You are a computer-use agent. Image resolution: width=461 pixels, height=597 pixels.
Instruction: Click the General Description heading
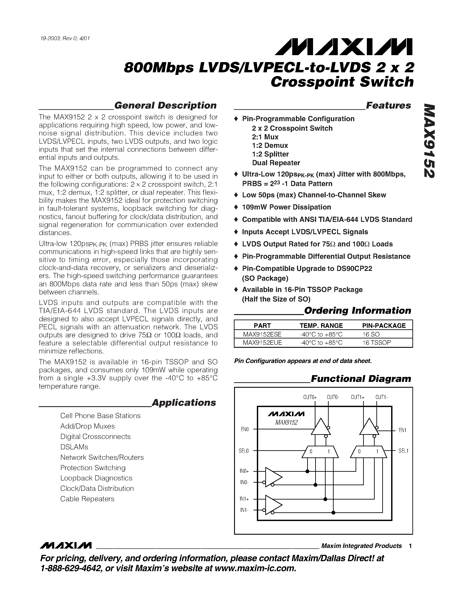(165, 106)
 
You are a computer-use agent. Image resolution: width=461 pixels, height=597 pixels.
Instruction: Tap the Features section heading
(388, 106)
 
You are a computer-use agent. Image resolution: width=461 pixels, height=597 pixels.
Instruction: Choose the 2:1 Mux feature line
(265, 137)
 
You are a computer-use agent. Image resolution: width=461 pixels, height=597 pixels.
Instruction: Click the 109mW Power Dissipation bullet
(287, 207)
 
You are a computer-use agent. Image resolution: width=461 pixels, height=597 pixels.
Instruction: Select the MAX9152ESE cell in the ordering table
(262, 334)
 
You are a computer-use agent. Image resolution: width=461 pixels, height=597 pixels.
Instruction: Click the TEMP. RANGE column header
(321, 326)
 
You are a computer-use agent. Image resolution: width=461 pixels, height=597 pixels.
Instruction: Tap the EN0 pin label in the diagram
(244, 429)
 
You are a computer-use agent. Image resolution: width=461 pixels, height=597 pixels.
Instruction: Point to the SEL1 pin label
(403, 451)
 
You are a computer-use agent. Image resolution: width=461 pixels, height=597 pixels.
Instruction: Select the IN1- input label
(244, 510)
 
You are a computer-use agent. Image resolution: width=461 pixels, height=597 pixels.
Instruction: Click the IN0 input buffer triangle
(273, 477)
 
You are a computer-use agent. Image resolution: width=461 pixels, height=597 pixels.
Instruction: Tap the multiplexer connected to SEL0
(320, 452)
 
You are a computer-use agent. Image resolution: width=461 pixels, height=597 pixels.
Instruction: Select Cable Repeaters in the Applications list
(87, 499)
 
